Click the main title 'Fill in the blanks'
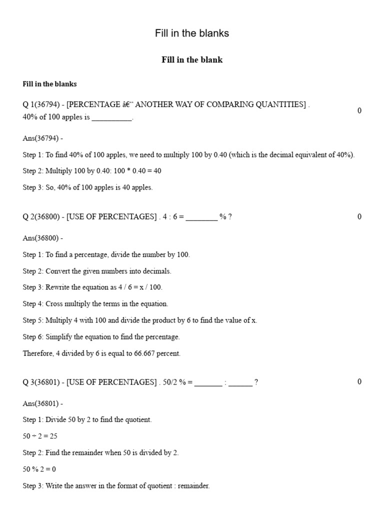[192, 33]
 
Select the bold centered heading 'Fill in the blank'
[192, 60]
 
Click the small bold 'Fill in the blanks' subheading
[49, 84]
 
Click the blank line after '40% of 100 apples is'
[112, 118]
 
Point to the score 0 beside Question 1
[359, 110]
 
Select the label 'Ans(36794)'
[42, 138]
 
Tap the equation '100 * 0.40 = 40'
[137, 171]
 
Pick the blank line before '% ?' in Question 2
[201, 217]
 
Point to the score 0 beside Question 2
[359, 216]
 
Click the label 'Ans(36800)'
[42, 238]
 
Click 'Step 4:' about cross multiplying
[33, 303]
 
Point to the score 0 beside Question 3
[359, 382]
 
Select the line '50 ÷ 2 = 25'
[40, 436]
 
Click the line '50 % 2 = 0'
[39, 469]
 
